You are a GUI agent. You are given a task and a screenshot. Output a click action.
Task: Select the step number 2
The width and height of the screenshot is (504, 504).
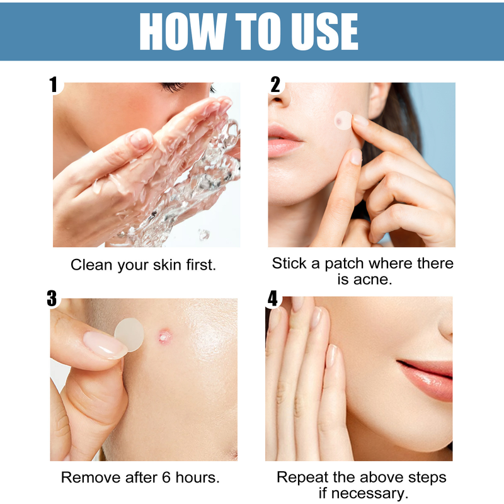(x=275, y=85)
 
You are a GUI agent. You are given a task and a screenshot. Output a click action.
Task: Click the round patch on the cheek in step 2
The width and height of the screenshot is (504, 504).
(x=343, y=118)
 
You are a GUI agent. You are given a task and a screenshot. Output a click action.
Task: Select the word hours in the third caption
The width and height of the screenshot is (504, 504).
(x=192, y=478)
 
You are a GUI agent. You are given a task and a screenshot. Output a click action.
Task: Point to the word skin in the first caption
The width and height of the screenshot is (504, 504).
(x=169, y=265)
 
